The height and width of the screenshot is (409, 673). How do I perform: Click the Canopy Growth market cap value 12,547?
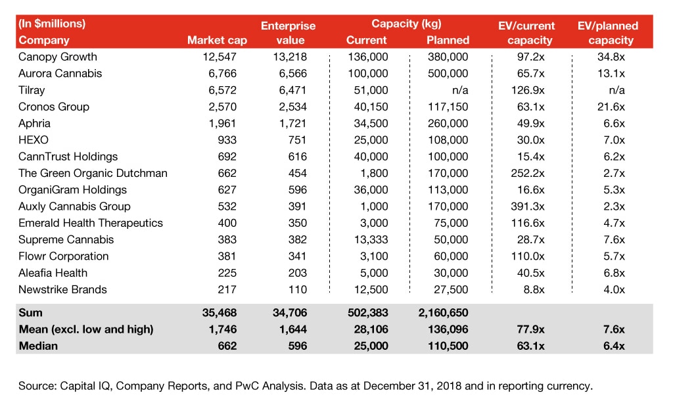[220, 57]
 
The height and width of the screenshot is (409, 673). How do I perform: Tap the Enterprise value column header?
[288, 33]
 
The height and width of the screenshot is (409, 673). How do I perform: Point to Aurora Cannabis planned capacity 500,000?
[448, 74]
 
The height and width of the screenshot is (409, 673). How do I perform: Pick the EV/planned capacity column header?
[607, 33]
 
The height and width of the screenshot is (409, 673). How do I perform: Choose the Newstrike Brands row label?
[62, 289]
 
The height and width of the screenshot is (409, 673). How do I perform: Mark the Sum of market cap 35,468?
[220, 313]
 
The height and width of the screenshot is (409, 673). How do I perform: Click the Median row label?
[38, 346]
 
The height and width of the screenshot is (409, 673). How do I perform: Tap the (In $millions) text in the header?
[53, 24]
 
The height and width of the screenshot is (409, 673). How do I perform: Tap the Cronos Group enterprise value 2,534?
[292, 107]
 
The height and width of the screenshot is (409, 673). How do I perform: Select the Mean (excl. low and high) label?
[85, 329]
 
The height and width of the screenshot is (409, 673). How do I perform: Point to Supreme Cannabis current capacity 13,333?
[371, 239]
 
